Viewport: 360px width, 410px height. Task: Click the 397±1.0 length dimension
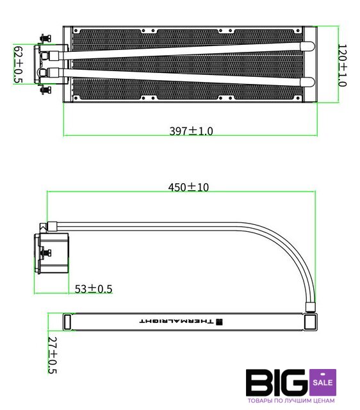pyautogui.click(x=191, y=131)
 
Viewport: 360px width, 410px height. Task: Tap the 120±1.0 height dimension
pyautogui.click(x=342, y=65)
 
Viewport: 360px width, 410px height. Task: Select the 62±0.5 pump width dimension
pyautogui.click(x=18, y=65)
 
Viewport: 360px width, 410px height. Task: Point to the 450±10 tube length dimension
pyautogui.click(x=188, y=187)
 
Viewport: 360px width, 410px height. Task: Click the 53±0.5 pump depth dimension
pyautogui.click(x=94, y=289)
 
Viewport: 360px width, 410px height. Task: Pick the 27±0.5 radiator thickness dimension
pyautogui.click(x=53, y=355)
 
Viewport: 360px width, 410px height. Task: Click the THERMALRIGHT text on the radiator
pyautogui.click(x=176, y=321)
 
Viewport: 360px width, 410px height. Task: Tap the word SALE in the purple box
pyautogui.click(x=323, y=382)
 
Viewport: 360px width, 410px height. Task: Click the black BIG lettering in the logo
pyautogui.click(x=277, y=382)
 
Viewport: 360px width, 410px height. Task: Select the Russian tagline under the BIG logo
pyautogui.click(x=291, y=400)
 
